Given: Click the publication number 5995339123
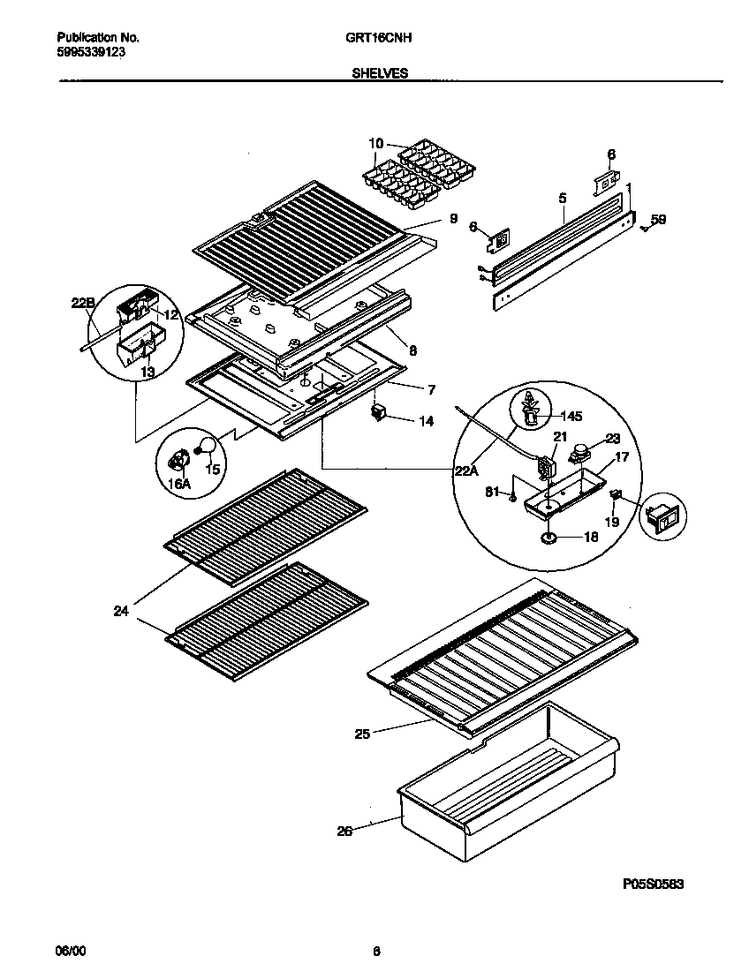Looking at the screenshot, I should click(x=91, y=52).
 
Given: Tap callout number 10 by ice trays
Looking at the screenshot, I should click(x=375, y=144).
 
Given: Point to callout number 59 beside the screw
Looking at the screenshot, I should click(x=659, y=220).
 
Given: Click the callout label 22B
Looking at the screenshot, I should click(x=83, y=304).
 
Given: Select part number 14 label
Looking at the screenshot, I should click(x=426, y=422).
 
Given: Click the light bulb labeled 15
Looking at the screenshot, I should click(x=208, y=447).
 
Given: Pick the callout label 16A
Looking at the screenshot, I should click(x=179, y=484).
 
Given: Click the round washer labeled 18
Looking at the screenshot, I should click(x=549, y=537).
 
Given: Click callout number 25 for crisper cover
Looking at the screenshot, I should click(x=361, y=732).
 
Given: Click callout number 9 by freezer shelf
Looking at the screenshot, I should click(x=452, y=218).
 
